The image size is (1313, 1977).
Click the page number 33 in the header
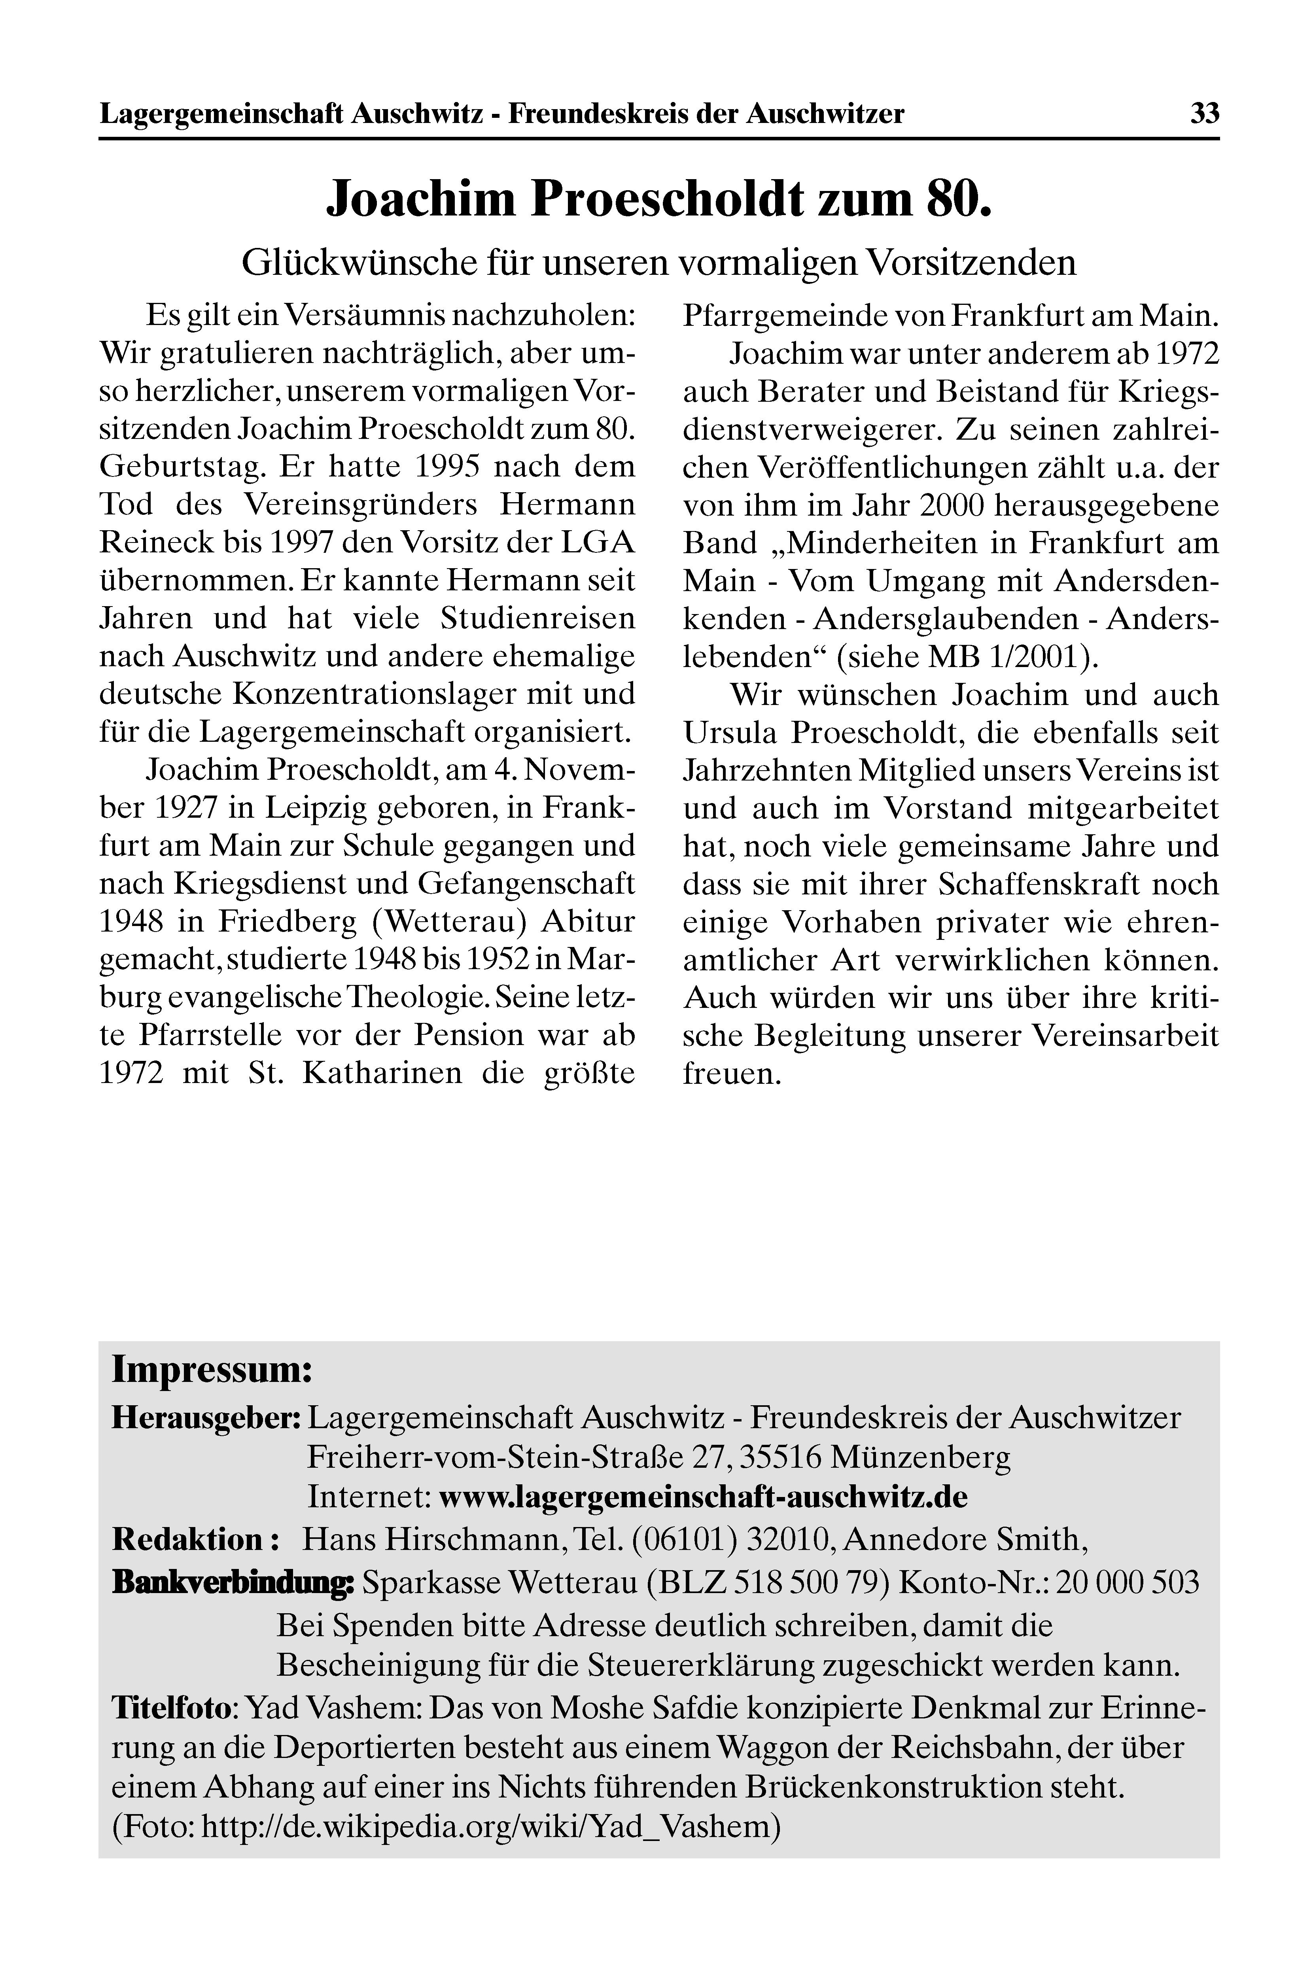click(1204, 113)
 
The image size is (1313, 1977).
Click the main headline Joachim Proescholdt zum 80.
click(658, 198)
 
